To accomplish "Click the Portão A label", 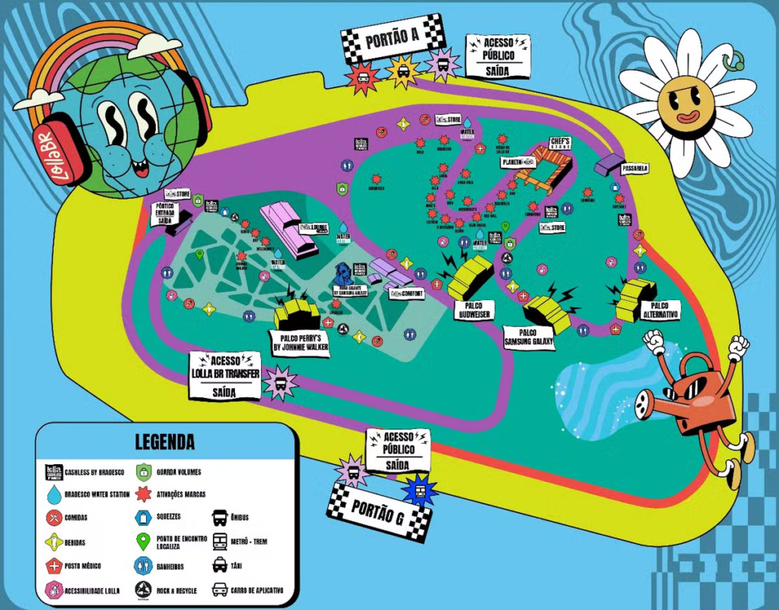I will (x=393, y=40).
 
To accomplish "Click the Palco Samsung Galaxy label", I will (x=529, y=338).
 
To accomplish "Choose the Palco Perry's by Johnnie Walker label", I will (x=300, y=343).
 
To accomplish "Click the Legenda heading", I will (x=165, y=441).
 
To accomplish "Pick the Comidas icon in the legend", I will (x=54, y=518).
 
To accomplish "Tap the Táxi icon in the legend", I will (x=219, y=565).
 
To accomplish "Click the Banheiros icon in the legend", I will (x=144, y=565).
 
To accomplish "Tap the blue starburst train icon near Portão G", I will (x=419, y=488).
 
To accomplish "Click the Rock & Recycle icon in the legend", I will (x=144, y=589).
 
